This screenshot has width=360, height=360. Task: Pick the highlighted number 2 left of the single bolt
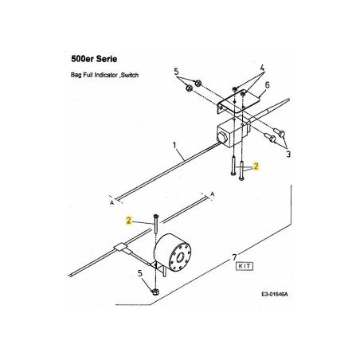coord(128,220)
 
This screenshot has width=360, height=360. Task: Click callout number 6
coord(268,84)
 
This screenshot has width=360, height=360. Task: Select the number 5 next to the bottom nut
coord(141,275)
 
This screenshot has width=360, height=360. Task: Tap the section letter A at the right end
coord(213,194)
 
